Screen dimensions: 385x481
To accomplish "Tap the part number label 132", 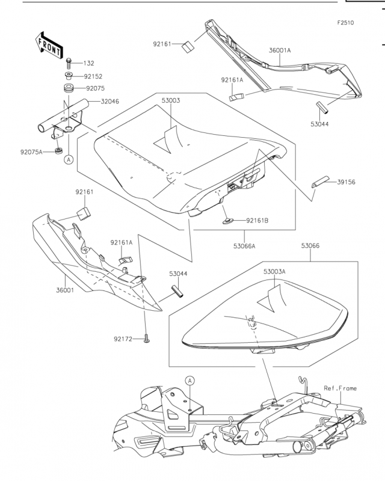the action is pos(88,63).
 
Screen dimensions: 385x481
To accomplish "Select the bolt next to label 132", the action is pos(69,64).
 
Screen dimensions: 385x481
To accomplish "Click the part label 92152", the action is pos(93,76).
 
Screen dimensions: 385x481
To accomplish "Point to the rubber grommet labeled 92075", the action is pos(69,88).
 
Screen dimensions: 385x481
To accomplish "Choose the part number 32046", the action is pos(110,101).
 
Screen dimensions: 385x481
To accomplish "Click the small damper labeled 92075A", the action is pos(58,151).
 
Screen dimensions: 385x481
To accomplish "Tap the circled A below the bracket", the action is pos(69,159).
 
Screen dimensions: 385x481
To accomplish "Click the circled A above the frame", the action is pos(190,381).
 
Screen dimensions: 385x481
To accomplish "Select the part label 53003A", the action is pos(274,272).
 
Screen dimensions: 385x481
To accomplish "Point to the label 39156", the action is pos(346,182).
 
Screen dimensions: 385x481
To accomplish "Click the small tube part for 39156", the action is pos(320,182).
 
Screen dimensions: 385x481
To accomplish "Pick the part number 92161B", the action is pos(257,221).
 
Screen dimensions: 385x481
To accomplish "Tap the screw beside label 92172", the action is pos(147,339).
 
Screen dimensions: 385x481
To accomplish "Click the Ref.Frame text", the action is pos(340,388).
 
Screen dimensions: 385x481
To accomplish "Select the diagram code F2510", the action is pos(345,23).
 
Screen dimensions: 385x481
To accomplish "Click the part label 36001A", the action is pos(280,51).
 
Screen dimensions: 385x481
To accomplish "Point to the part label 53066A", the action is pos(244,246).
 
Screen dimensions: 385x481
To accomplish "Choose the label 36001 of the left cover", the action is pos(65,290).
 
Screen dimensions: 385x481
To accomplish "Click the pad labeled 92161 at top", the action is pos(188,47).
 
